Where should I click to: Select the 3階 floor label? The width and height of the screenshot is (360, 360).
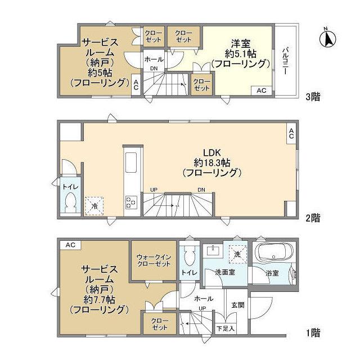coord(313,97)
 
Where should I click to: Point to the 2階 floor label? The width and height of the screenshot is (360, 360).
coord(313,217)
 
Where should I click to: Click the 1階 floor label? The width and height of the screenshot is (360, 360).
coord(313,333)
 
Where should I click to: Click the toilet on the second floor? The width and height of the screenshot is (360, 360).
coord(71,202)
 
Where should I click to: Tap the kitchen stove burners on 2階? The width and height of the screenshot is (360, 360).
coord(130,201)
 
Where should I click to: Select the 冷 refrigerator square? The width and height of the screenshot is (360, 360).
coord(94,206)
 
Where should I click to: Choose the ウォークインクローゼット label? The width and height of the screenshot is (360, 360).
coord(154,262)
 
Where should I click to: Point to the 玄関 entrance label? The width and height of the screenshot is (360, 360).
coord(237,305)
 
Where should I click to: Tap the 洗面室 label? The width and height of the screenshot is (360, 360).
coord(224,273)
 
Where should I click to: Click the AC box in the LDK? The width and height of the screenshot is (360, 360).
coord(291,133)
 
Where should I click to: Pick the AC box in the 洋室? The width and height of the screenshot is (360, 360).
coord(262,90)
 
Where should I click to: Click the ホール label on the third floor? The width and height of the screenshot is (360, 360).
coord(154,58)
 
